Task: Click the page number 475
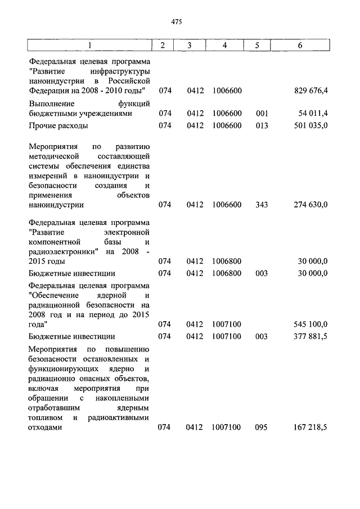point(177,21)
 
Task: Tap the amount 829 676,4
point(311,91)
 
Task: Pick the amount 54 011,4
point(313,113)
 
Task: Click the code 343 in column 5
point(261,205)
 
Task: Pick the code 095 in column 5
point(261,427)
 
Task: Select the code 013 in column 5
point(261,125)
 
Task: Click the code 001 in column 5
point(261,113)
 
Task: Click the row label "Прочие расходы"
point(58,125)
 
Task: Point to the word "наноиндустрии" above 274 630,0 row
point(56,205)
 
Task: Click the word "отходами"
point(45,427)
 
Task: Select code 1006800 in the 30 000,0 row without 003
point(227,262)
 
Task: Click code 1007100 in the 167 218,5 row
point(226,427)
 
